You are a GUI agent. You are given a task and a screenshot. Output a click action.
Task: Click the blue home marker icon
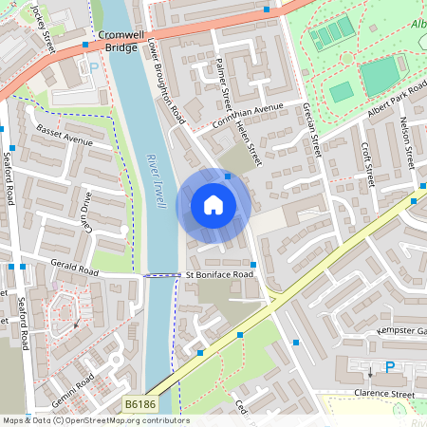pyautogui.click(x=213, y=205)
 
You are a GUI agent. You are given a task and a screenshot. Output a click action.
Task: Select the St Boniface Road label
pyautogui.click(x=219, y=275)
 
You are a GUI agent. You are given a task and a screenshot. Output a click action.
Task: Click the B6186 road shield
pyautogui.click(x=139, y=405)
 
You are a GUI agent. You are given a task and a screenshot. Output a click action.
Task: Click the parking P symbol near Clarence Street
pyautogui.click(x=389, y=367)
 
